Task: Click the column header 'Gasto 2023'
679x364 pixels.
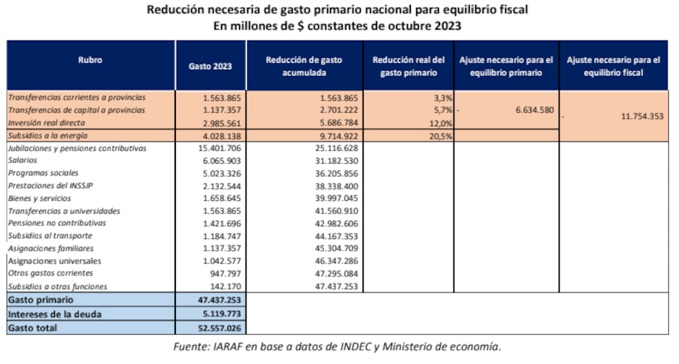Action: point(210,66)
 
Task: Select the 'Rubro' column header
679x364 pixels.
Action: point(90,60)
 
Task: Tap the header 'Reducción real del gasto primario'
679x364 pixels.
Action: point(409,66)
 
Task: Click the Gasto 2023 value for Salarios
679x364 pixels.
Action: point(222,160)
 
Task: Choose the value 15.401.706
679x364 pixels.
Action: point(219,148)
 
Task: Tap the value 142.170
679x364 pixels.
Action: point(227,287)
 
